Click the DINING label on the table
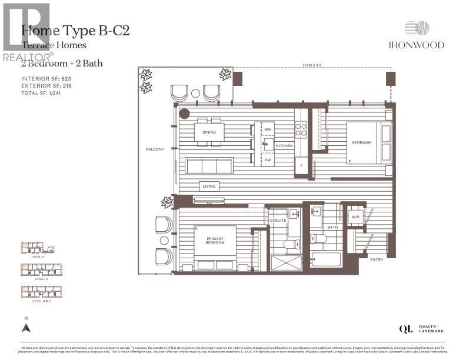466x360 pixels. [x=209, y=132]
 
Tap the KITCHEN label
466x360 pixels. [x=284, y=145]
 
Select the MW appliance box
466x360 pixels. [x=267, y=129]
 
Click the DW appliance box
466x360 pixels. [x=267, y=160]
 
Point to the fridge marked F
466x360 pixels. [x=301, y=166]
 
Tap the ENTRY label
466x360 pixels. [x=377, y=259]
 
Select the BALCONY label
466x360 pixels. [x=155, y=149]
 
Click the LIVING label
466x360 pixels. [x=209, y=186]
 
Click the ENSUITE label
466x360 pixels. [x=278, y=221]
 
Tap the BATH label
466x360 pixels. [x=332, y=227]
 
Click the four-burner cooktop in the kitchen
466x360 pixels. [x=301, y=130]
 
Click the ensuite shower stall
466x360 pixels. [x=286, y=262]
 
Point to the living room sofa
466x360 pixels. [x=209, y=166]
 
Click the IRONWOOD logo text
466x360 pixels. [x=424, y=45]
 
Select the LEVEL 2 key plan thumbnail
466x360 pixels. [x=38, y=248]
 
